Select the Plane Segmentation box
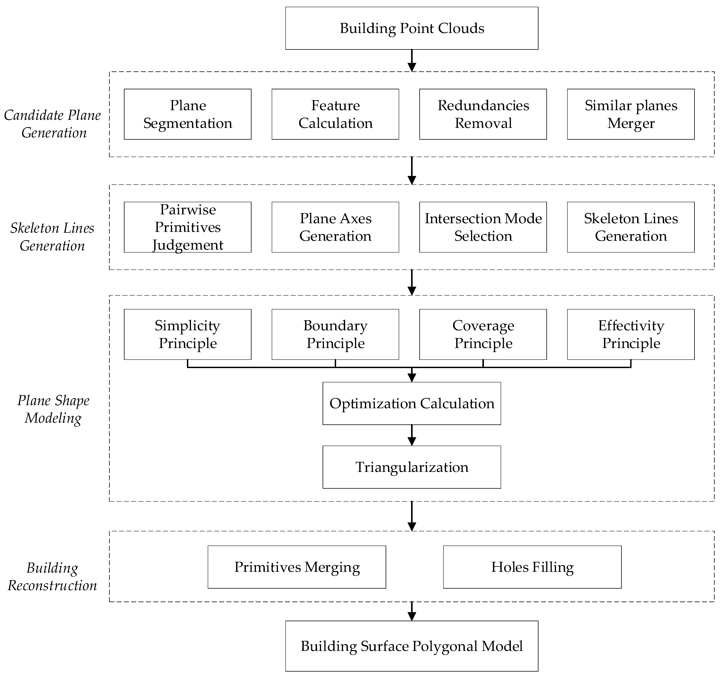[188, 114]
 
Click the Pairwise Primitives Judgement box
[188, 227]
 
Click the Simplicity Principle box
[188, 334]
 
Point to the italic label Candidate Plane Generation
[52, 124]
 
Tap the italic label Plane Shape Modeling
[53, 409]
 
